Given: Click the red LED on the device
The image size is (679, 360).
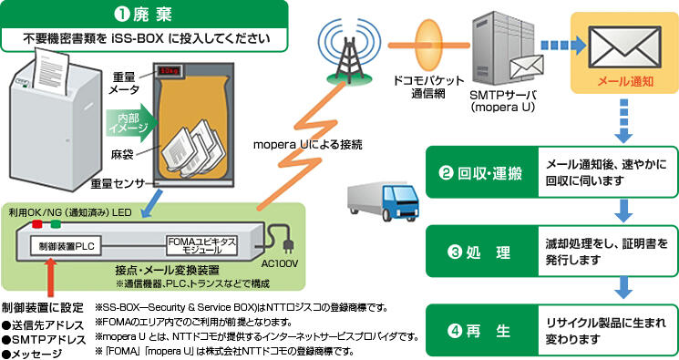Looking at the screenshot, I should pyautogui.click(x=36, y=222).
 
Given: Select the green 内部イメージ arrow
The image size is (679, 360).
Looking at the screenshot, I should pyautogui.click(x=125, y=120).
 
